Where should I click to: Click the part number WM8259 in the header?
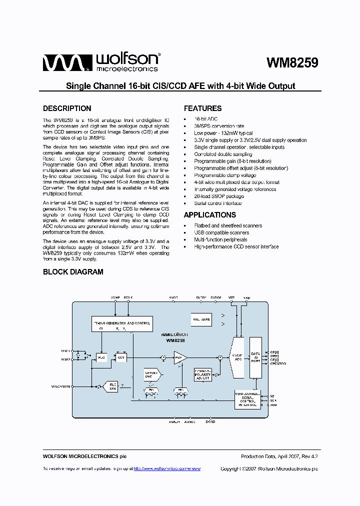[x=292, y=63]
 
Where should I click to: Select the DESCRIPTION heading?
[x=67, y=108]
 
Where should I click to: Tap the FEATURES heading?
[x=202, y=108]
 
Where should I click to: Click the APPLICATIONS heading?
[x=209, y=215]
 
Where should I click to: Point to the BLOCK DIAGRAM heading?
[x=73, y=272]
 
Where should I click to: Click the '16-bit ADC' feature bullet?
[x=205, y=119]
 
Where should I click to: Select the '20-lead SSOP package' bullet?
[x=219, y=196]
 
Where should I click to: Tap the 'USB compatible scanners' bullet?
[x=221, y=232]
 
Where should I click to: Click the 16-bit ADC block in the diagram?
[x=237, y=357]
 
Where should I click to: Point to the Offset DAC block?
[x=151, y=374]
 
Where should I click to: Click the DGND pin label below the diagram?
[x=210, y=422]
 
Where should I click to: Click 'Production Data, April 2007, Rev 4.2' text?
[x=279, y=456]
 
